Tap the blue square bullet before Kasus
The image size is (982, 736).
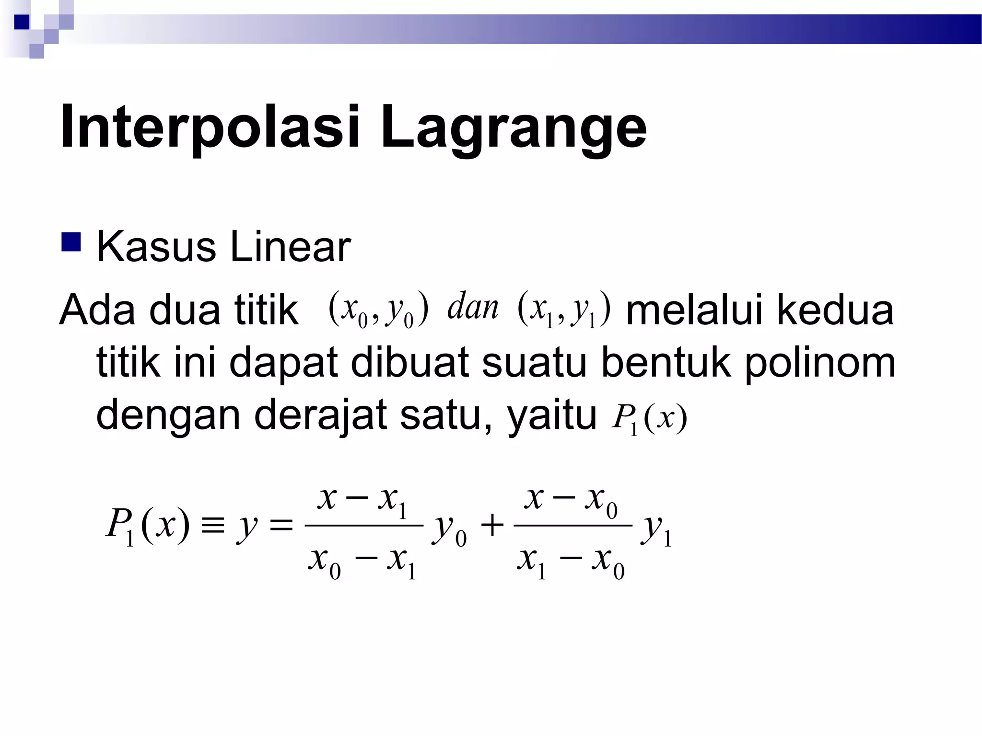[70, 241]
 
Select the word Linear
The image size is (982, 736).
[290, 247]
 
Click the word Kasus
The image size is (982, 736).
[156, 247]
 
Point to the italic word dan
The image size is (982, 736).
[472, 307]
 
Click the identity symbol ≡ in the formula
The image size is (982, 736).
[212, 526]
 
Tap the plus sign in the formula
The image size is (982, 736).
[492, 526]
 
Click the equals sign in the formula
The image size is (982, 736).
[281, 526]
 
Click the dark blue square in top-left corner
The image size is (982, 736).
[22, 22]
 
